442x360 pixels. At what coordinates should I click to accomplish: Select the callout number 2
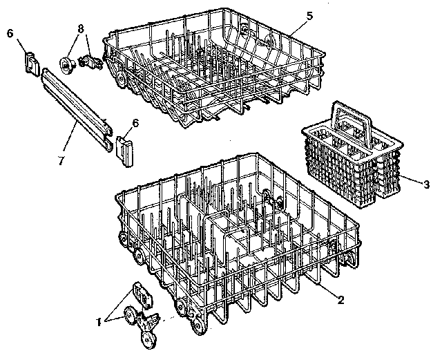(340, 299)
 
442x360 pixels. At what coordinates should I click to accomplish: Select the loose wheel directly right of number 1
(128, 317)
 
